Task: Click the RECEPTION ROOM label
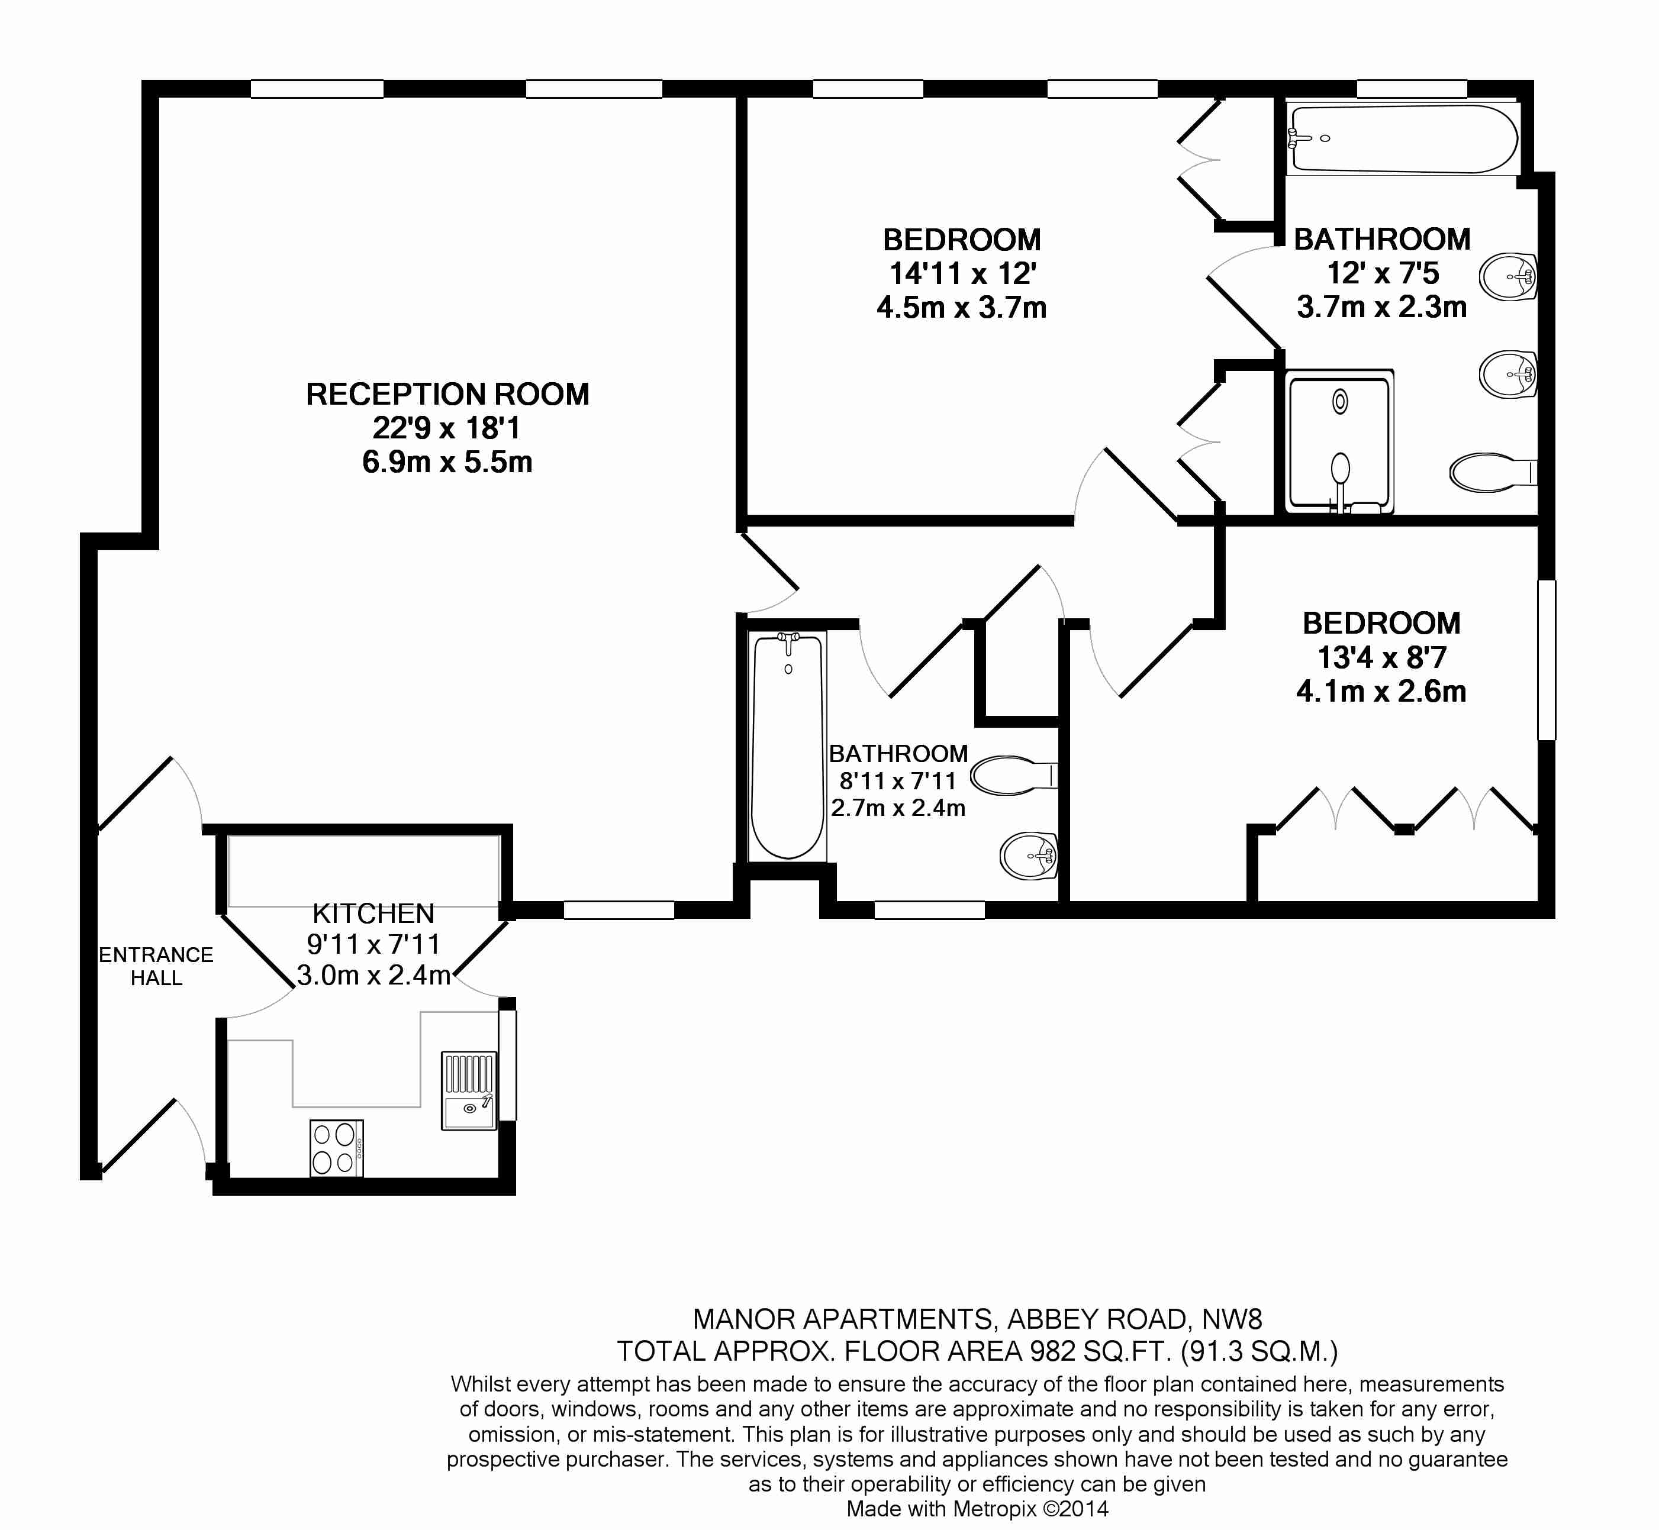(x=447, y=394)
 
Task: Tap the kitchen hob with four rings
(x=336, y=1148)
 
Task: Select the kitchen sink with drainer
(x=469, y=1090)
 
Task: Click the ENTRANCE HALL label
(x=156, y=966)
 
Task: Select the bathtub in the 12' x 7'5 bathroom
(x=1404, y=139)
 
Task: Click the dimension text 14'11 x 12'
(x=962, y=274)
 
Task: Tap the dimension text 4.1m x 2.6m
(x=1381, y=691)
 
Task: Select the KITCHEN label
(x=373, y=913)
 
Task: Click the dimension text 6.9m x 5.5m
(x=447, y=462)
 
